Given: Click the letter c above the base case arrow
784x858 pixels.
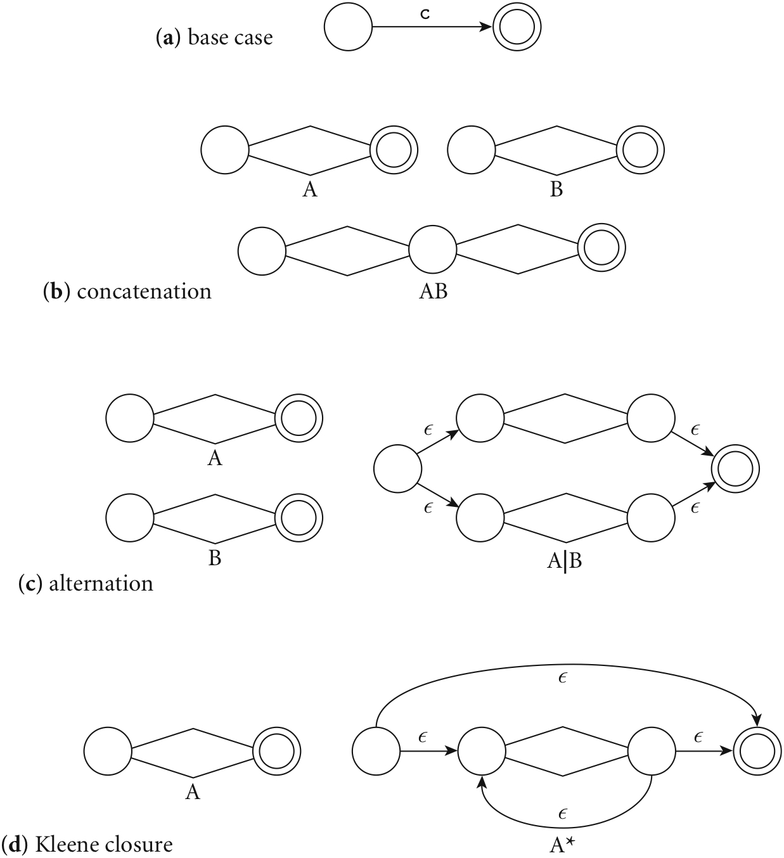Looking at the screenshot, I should coord(425,14).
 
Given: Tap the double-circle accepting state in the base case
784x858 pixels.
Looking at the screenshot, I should coord(517,29).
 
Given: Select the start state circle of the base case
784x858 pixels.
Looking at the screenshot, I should coord(348,29).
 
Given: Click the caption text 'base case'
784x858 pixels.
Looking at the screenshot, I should coord(230,38).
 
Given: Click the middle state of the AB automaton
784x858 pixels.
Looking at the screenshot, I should coord(432,250).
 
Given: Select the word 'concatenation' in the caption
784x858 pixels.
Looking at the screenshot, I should coord(145,291).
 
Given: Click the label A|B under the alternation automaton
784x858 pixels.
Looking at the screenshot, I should coord(564,560).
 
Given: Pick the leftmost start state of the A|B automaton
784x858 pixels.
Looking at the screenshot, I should coord(398,469).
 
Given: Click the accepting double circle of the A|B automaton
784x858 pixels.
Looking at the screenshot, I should coord(735,469).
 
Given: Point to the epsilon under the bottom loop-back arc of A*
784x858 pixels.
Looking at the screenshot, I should coord(562,813).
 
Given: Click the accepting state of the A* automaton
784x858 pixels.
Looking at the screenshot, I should coord(756,752).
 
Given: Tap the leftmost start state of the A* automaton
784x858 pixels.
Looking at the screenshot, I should coord(376,752).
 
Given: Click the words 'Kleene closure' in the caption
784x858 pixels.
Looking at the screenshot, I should coord(105,844).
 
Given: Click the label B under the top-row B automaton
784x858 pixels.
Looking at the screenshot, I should coord(556,189).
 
